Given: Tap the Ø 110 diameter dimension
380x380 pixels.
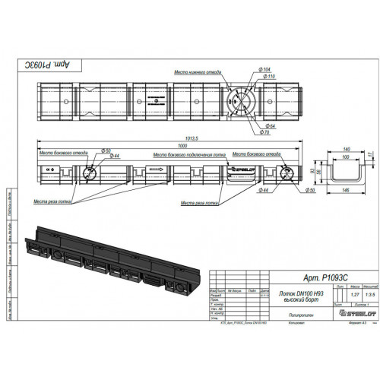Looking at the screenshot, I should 268,77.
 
